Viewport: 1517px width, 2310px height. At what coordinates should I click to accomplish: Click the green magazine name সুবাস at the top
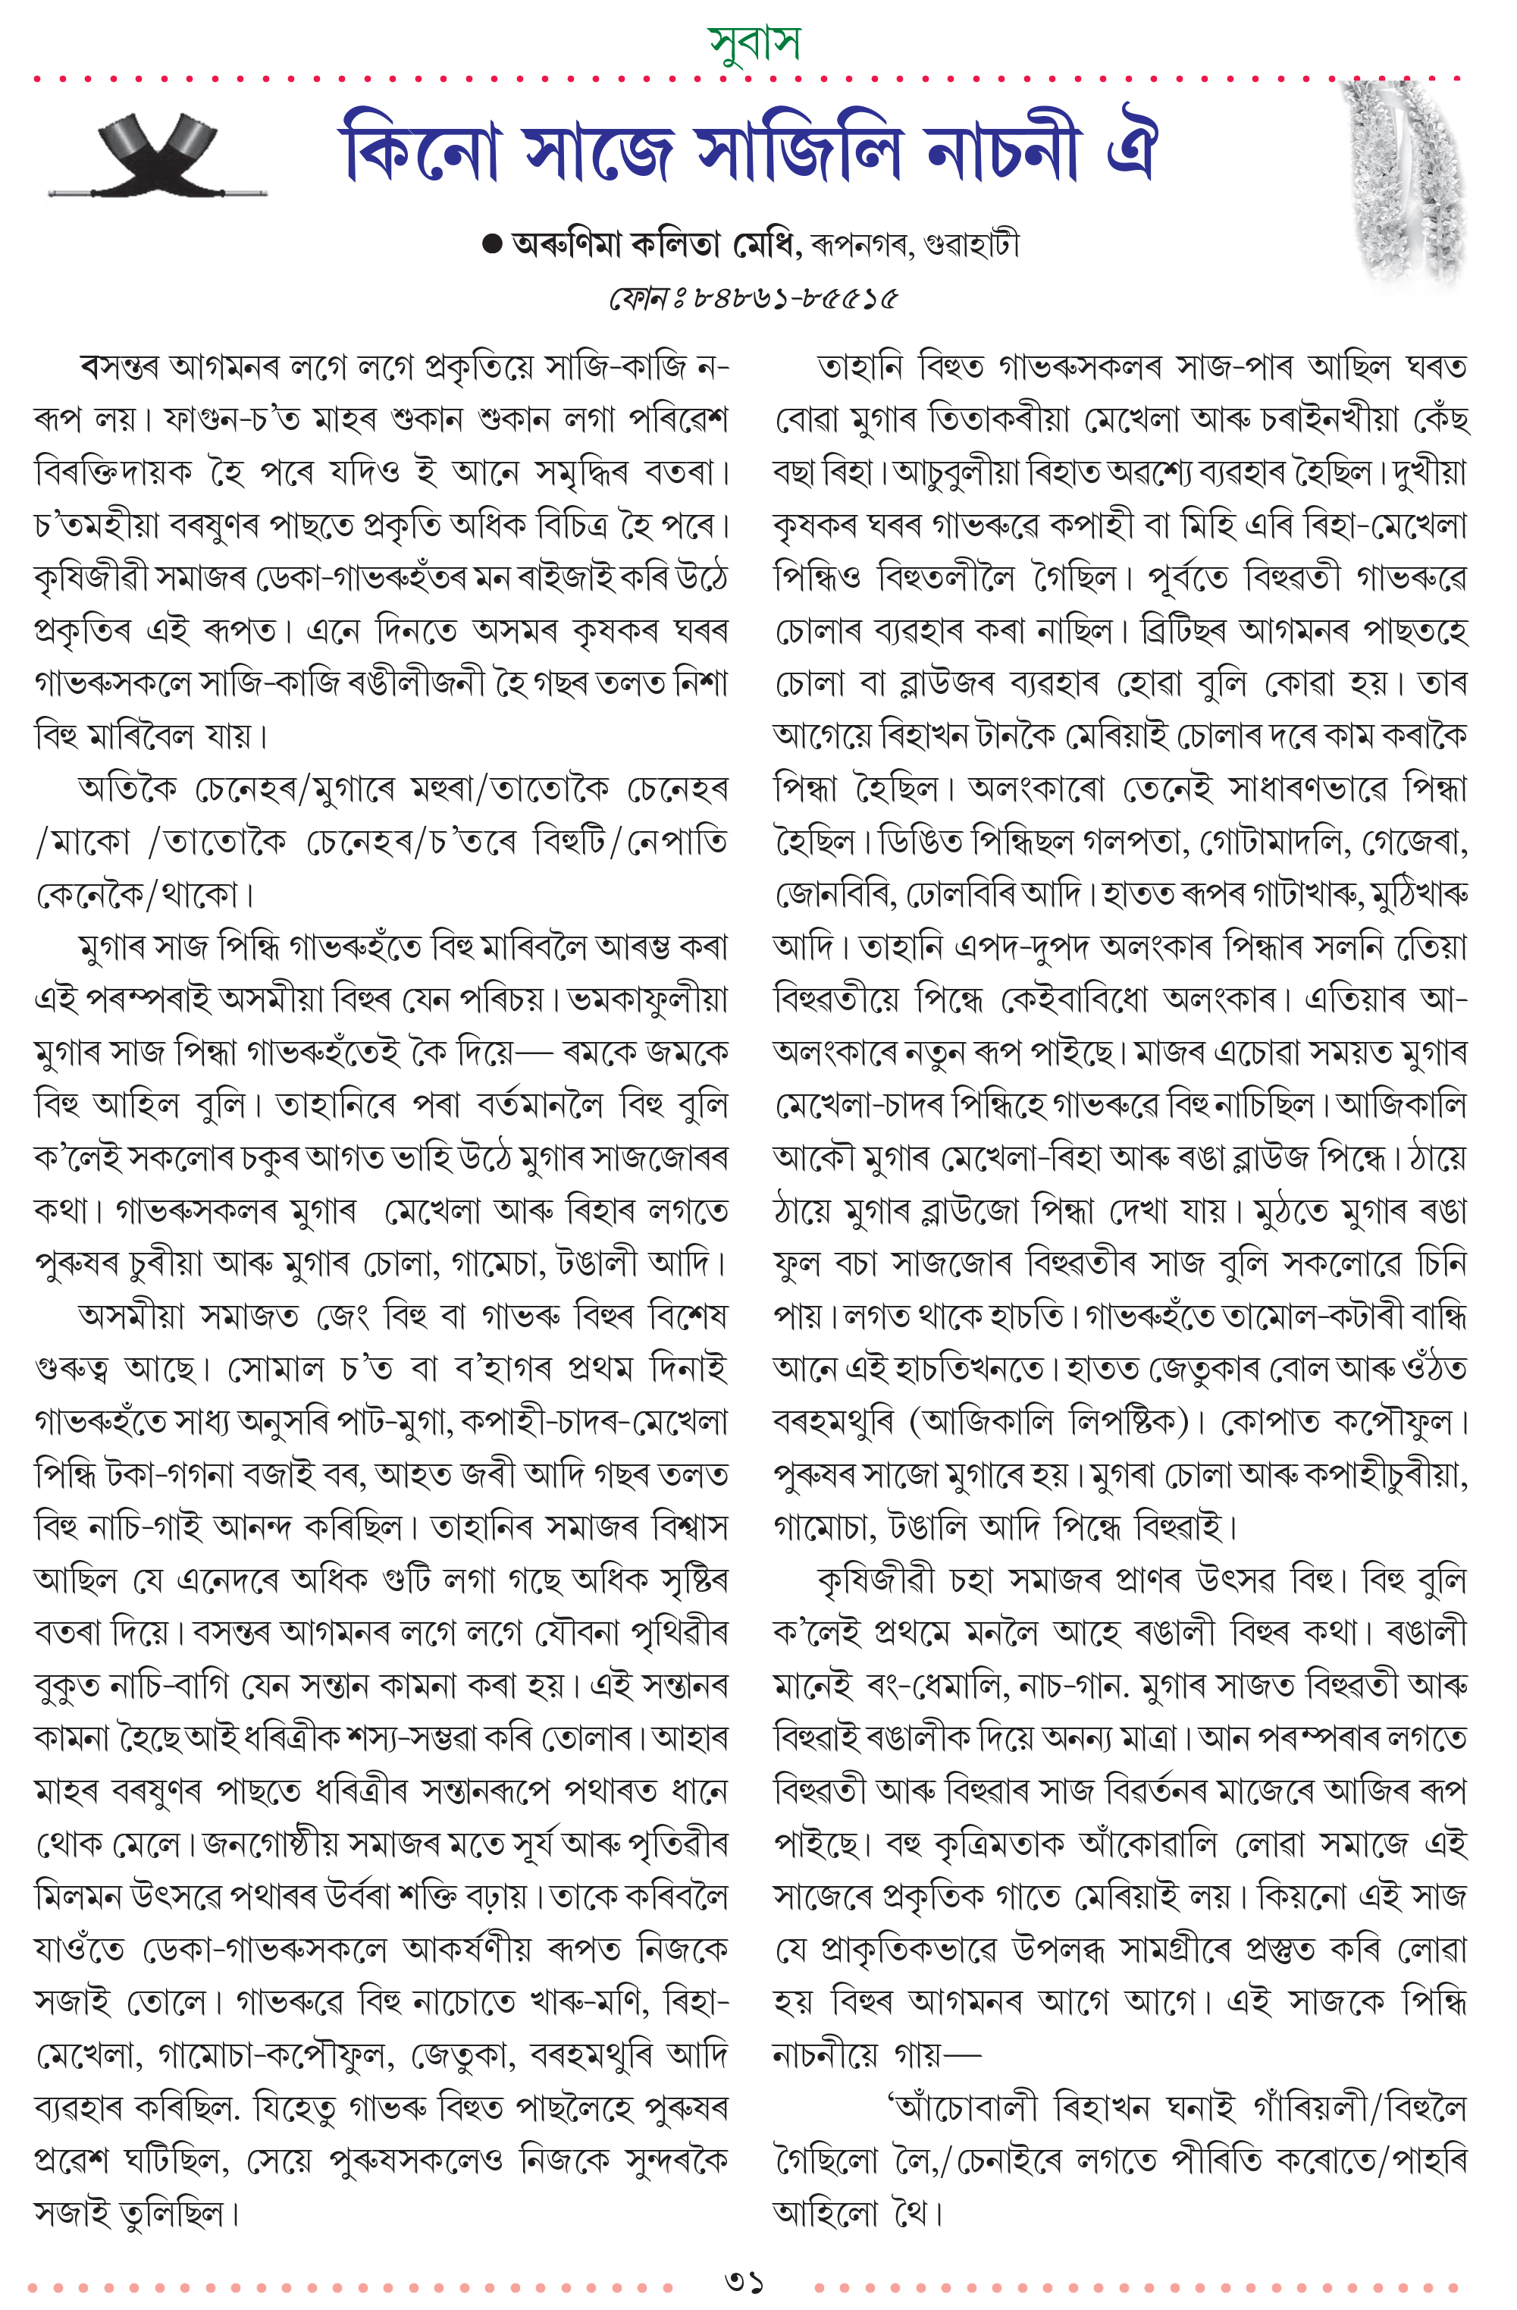tap(755, 44)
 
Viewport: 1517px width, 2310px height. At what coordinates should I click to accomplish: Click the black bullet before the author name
tap(492, 245)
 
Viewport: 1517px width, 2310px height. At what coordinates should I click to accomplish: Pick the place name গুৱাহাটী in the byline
tap(973, 245)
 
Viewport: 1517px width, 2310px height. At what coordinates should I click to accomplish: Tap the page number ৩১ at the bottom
tap(744, 2281)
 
